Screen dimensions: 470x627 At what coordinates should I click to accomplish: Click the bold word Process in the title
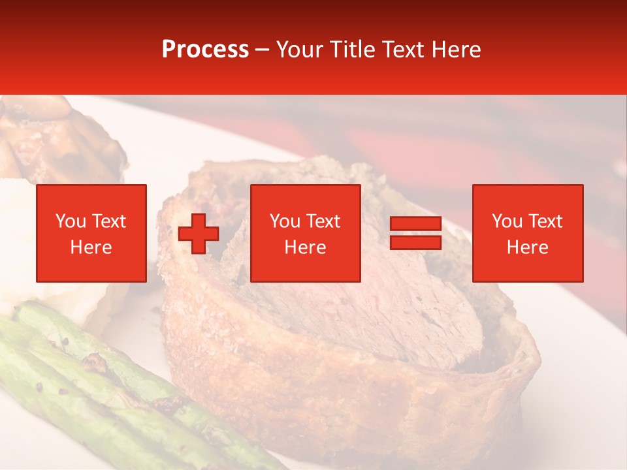click(205, 50)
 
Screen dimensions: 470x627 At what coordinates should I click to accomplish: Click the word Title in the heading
click(353, 50)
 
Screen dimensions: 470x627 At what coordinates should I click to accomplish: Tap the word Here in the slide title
click(455, 50)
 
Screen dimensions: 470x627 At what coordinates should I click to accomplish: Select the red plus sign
click(199, 233)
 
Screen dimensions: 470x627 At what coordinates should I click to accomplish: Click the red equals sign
click(415, 233)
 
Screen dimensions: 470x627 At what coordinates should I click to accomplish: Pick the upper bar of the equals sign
click(415, 224)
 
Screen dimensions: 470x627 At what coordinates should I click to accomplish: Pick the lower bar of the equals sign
click(415, 242)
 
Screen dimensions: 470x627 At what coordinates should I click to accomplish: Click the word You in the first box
click(70, 221)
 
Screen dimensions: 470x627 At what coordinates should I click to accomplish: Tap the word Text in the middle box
click(323, 221)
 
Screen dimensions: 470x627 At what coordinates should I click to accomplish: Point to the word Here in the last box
click(527, 247)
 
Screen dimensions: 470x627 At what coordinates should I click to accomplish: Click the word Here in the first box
click(91, 247)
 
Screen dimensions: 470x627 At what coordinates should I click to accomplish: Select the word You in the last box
click(506, 221)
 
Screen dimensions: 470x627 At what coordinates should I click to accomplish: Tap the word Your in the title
click(300, 50)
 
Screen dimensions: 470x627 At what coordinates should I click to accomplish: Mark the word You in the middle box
click(284, 221)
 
